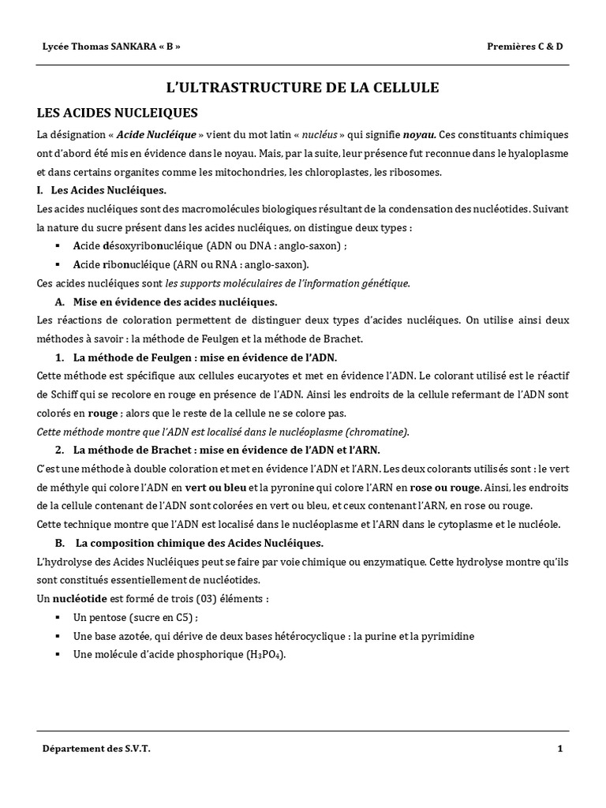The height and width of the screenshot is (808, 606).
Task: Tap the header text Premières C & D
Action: click(526, 46)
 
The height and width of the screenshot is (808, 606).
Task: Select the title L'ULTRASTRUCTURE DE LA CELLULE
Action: click(302, 88)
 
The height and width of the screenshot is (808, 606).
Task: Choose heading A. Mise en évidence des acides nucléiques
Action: click(166, 301)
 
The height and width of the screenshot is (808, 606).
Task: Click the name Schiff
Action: click(67, 394)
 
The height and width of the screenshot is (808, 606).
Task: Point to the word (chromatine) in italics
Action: click(378, 432)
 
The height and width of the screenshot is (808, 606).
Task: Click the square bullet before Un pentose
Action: click(58, 617)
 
